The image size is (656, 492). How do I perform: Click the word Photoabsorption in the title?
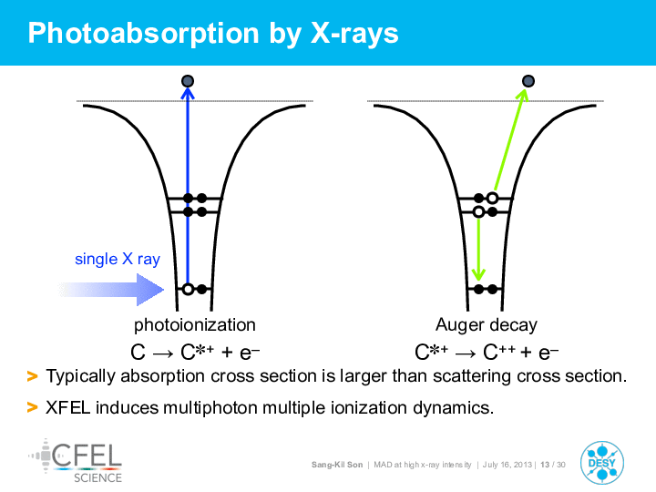click(x=144, y=34)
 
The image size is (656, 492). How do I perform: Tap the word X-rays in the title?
click(x=354, y=34)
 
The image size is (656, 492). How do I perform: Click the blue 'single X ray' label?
click(x=118, y=260)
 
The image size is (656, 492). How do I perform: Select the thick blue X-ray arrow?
click(x=111, y=289)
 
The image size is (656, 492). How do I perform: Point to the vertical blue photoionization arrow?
click(x=188, y=187)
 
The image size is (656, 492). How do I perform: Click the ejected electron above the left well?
click(x=188, y=81)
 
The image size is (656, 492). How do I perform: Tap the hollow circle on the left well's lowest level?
click(x=189, y=289)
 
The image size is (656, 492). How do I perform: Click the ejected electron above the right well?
click(x=528, y=81)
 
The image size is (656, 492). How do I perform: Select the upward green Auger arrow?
click(x=510, y=139)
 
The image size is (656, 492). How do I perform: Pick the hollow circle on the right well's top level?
click(x=492, y=198)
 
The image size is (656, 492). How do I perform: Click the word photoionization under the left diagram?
click(x=195, y=325)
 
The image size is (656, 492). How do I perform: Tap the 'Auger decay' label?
click(x=487, y=325)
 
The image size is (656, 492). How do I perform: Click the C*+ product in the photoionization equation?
click(x=197, y=352)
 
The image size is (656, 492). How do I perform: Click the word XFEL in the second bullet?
click(x=67, y=407)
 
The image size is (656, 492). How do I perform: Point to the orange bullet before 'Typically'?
click(x=32, y=376)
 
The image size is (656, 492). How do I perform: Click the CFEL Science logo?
click(x=76, y=461)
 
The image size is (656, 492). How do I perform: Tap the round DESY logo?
click(x=602, y=463)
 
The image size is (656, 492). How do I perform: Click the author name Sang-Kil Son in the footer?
click(x=337, y=465)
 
